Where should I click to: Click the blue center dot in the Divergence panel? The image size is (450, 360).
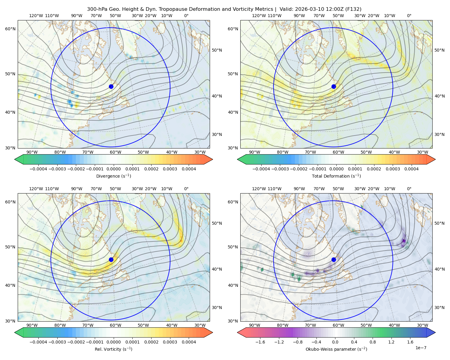point(111,87)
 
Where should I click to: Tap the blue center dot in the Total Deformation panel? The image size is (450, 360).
point(334,87)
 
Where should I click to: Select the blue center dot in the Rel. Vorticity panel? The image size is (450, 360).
point(111,259)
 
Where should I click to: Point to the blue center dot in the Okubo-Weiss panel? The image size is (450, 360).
point(334,259)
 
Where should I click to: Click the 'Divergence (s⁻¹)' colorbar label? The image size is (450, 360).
point(113,176)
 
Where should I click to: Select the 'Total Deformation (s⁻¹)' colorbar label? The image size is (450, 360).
point(336,176)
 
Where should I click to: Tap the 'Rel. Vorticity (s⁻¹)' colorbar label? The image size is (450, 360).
point(113,349)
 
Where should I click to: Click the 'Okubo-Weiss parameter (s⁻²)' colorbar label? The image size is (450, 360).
point(336,349)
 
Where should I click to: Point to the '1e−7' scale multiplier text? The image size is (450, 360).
point(421,348)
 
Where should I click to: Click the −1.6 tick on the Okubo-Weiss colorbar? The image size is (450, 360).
point(260,342)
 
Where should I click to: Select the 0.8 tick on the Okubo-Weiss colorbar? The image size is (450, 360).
point(373,342)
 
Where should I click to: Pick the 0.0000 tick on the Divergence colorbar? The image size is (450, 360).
point(113,169)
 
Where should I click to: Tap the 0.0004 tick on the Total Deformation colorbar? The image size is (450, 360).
point(411,169)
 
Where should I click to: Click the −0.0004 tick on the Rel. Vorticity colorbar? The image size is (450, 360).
point(38,342)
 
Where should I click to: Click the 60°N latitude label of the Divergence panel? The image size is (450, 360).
point(10,29)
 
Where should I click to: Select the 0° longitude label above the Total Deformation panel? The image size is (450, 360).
point(409,16)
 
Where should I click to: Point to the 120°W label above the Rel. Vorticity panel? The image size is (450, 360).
point(36,189)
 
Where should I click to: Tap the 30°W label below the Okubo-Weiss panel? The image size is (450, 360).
point(423,325)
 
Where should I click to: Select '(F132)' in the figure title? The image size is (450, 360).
point(353,9)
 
